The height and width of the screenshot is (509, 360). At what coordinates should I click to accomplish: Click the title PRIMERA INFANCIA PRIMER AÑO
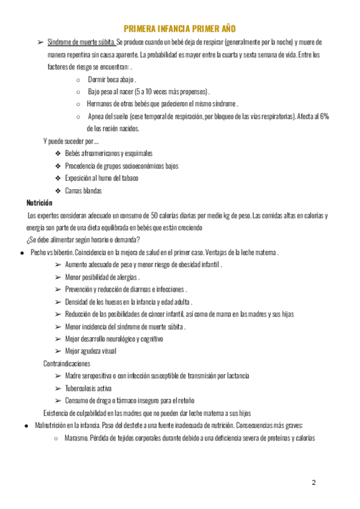(x=179, y=28)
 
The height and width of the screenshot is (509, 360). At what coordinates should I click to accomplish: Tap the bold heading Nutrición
(x=39, y=203)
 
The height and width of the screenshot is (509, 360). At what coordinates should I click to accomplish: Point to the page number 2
(x=313, y=483)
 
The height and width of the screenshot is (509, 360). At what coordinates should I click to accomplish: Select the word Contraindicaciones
(x=67, y=363)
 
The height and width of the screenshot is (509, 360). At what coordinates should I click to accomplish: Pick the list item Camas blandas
(x=83, y=191)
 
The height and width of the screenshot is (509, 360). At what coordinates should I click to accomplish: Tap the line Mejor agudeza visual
(x=91, y=351)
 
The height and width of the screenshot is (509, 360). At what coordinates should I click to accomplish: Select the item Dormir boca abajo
(x=112, y=79)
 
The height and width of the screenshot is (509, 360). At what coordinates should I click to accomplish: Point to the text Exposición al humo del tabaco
(x=101, y=178)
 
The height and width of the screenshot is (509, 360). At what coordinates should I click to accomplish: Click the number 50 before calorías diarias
(x=154, y=215)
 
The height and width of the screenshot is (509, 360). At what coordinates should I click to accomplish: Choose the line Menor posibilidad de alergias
(x=102, y=277)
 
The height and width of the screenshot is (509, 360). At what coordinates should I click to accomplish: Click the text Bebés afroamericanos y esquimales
(x=109, y=154)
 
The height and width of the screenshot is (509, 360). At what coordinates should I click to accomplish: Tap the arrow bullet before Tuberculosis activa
(x=58, y=388)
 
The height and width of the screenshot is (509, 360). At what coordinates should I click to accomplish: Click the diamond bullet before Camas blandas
(x=58, y=191)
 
